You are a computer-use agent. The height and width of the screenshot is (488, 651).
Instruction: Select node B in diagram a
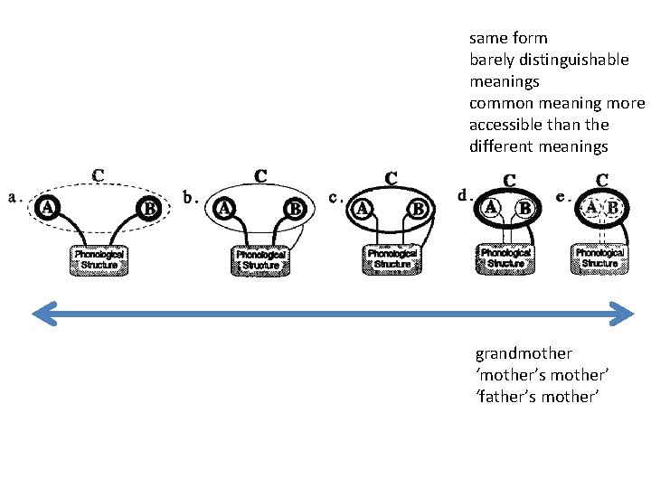pyautogui.click(x=149, y=209)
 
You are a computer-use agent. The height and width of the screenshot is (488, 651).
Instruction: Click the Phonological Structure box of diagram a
pyautogui.click(x=99, y=259)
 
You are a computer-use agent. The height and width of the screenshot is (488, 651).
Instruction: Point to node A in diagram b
pyautogui.click(x=223, y=207)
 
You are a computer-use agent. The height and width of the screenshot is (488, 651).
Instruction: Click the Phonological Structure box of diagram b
pyautogui.click(x=261, y=260)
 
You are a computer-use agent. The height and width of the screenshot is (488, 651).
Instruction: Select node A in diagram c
pyautogui.click(x=363, y=208)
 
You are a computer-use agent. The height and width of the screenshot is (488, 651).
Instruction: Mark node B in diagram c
pyautogui.click(x=418, y=209)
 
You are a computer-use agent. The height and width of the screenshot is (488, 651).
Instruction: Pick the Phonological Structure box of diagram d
pyautogui.click(x=505, y=258)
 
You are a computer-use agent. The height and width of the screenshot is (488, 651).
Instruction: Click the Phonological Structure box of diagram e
pyautogui.click(x=599, y=258)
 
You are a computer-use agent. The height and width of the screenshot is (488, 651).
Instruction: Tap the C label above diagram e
pyautogui.click(x=601, y=181)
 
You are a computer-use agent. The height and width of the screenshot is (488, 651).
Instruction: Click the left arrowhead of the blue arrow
pyautogui.click(x=41, y=314)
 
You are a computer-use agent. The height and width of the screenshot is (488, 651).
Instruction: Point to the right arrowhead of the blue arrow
pyautogui.click(x=624, y=314)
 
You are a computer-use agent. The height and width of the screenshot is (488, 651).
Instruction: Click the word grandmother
pyautogui.click(x=524, y=353)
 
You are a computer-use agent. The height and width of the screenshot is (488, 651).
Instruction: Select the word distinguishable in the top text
pyautogui.click(x=573, y=60)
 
